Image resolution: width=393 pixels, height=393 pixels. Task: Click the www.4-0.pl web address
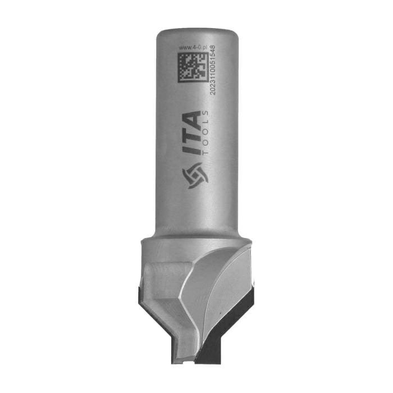click(x=193, y=48)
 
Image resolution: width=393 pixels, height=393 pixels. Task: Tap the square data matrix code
click(x=193, y=67)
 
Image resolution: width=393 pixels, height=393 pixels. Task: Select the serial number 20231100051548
click(x=213, y=70)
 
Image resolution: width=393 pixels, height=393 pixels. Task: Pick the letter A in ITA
click(x=192, y=120)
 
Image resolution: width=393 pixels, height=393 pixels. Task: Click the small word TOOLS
click(x=206, y=132)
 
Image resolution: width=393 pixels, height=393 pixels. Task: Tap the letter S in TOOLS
click(x=206, y=113)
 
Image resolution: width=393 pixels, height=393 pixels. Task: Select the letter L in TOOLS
click(x=206, y=123)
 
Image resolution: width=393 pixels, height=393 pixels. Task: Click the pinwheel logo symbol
click(x=195, y=175)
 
